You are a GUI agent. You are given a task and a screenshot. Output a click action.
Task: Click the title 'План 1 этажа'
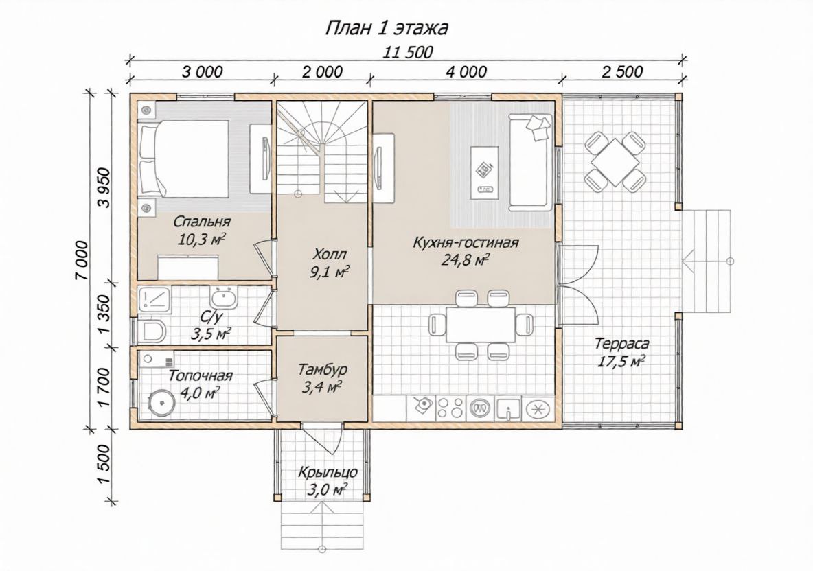coord(387,28)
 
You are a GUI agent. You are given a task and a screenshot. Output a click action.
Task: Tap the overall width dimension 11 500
coord(408,52)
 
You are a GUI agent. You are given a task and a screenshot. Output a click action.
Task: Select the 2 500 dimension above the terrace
coord(622,71)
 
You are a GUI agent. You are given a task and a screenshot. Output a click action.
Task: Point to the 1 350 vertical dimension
coord(104,315)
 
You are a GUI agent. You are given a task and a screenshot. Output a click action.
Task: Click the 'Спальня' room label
coord(202,222)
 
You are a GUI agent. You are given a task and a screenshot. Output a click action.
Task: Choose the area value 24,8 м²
coord(466,259)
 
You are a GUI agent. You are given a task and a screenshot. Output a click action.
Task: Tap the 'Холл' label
coord(329,255)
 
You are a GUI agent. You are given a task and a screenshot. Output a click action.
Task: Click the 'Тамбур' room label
coord(323,369)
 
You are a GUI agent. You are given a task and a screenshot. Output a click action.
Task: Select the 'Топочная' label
coord(201,375)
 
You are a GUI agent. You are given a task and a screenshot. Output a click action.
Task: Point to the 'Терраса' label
coord(621,343)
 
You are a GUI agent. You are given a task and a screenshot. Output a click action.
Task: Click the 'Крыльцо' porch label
coord(328,473)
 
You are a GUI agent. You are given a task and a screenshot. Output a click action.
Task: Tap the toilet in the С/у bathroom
coord(151,331)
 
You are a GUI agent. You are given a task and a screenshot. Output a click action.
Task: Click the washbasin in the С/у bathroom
coord(224,299)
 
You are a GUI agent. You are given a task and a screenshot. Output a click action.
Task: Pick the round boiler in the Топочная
coord(161,402)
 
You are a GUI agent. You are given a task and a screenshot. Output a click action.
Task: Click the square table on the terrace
coord(615,160)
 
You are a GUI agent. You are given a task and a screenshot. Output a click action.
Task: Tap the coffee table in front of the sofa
coord(485,172)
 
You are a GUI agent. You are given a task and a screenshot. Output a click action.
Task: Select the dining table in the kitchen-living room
coord(481,325)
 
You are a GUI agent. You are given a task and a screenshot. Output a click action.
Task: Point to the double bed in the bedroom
coord(184,159)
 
